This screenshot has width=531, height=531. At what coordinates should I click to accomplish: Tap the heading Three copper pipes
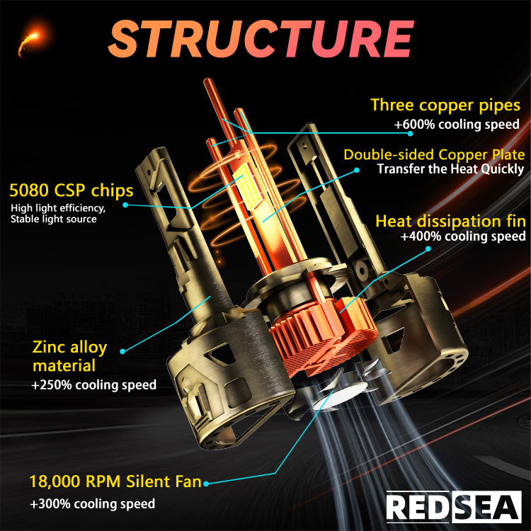pyautogui.click(x=445, y=105)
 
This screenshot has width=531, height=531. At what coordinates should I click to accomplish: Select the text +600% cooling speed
pyautogui.click(x=457, y=124)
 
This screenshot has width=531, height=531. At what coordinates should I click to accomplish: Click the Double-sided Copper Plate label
pyautogui.click(x=434, y=154)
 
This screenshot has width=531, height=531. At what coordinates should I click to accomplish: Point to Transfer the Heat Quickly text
pyautogui.click(x=450, y=169)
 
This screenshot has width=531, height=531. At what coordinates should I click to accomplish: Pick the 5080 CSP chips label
pyautogui.click(x=72, y=190)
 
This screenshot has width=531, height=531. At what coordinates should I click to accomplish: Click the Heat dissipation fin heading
pyautogui.click(x=450, y=221)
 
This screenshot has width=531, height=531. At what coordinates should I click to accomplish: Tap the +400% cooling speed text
pyautogui.click(x=463, y=237)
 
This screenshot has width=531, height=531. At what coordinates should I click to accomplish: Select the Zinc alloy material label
pyautogui.click(x=69, y=356)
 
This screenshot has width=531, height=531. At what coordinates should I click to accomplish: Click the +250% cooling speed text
pyautogui.click(x=93, y=386)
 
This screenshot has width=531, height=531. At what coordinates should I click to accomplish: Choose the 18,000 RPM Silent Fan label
pyautogui.click(x=115, y=483)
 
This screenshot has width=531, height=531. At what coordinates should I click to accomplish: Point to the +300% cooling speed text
pyautogui.click(x=92, y=504)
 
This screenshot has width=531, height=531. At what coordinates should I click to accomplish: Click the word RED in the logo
pyautogui.click(x=418, y=507)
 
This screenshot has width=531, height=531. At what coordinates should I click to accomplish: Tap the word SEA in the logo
pyautogui.click(x=485, y=507)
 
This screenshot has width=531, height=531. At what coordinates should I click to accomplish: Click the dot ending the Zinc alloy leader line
pyautogui.click(x=123, y=350)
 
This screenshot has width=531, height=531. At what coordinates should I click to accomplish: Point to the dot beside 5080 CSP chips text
pyautogui.click(x=125, y=205)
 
